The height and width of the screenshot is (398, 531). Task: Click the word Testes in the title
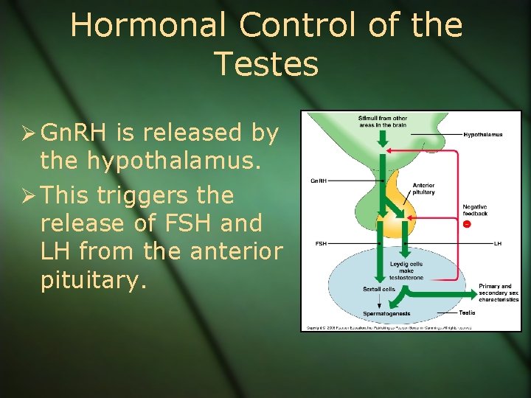266,64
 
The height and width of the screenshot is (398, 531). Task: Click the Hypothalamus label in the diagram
483,135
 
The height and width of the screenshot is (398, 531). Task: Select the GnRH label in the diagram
318,180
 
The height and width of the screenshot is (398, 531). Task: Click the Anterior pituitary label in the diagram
423,189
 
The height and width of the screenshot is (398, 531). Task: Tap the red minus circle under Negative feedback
466,224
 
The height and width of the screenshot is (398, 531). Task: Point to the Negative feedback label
475,210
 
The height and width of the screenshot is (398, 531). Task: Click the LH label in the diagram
497,243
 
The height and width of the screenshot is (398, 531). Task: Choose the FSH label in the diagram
321,243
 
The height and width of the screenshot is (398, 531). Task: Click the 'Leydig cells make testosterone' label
406,269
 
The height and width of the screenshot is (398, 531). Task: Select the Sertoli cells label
379,289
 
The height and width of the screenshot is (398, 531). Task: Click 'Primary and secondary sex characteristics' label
499,293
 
